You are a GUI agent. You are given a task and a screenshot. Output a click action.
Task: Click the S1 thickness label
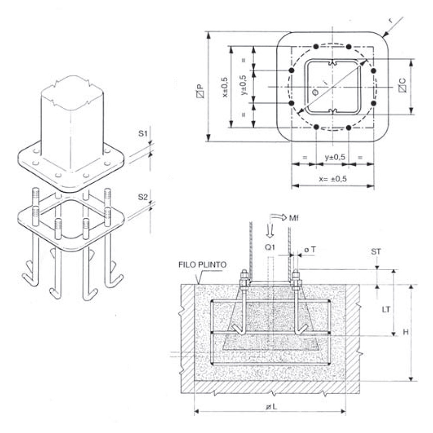142,134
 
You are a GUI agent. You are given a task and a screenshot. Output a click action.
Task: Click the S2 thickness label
143,197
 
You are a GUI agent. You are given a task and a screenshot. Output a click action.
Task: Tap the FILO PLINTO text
202,265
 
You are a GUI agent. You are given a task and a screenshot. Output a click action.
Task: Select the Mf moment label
294,218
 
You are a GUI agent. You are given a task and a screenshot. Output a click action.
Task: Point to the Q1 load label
270,247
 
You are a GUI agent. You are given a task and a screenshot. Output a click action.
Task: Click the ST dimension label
376,252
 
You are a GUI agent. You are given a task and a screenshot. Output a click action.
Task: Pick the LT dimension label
386,310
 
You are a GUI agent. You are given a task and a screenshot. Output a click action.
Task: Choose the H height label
405,332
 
